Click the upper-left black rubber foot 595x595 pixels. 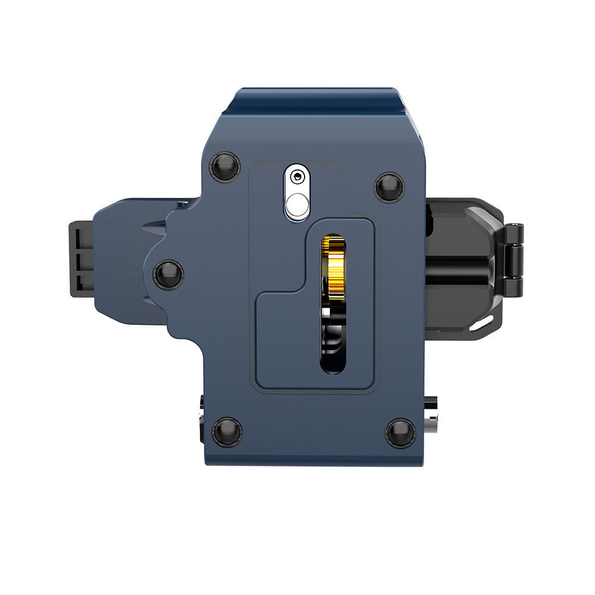coord(226,167)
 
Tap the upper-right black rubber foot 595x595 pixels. coord(389,187)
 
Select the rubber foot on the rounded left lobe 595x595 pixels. coord(168,274)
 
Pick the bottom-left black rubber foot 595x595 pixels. coord(227,431)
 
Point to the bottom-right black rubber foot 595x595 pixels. coord(400,433)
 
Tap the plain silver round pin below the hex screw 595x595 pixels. coord(297,206)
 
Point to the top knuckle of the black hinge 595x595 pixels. coord(515,230)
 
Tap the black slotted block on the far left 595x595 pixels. coord(82,259)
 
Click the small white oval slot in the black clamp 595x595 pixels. coord(484,323)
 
